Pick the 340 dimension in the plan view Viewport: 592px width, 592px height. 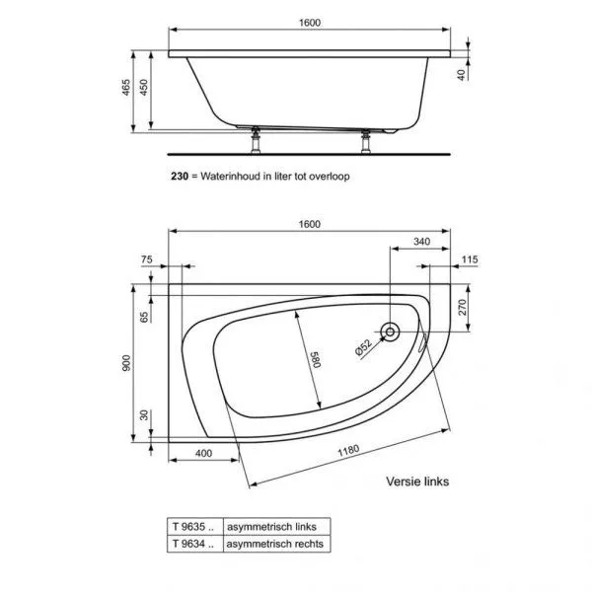[x=420, y=242]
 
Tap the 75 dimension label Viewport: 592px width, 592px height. [x=148, y=259]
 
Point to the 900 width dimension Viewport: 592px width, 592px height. [x=126, y=364]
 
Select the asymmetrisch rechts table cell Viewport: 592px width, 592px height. [x=275, y=543]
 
